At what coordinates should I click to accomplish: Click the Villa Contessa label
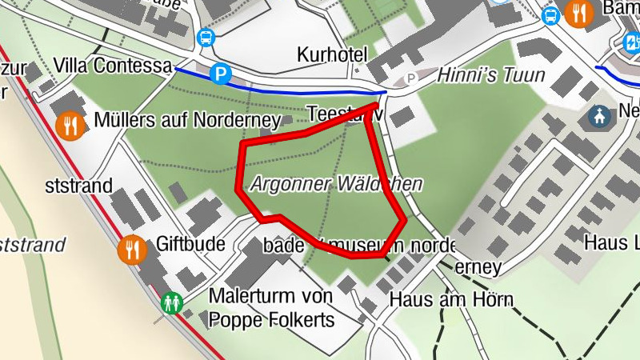pyautogui.click(x=113, y=66)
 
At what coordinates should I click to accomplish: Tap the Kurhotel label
pyautogui.click(x=331, y=55)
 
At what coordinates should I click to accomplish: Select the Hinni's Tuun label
pyautogui.click(x=490, y=76)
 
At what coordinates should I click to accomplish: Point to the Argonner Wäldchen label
pyautogui.click(x=336, y=184)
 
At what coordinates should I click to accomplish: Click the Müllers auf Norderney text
pyautogui.click(x=186, y=121)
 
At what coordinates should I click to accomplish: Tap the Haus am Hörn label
pyautogui.click(x=450, y=301)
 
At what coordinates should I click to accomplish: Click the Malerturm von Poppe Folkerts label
pyautogui.click(x=270, y=308)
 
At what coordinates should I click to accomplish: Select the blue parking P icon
pyautogui.click(x=220, y=75)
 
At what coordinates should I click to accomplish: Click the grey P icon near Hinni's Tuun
pyautogui.click(x=412, y=78)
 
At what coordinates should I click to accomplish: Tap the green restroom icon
pyautogui.click(x=171, y=302)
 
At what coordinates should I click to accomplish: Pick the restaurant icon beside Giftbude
pyautogui.click(x=132, y=250)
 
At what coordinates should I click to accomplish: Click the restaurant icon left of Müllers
pyautogui.click(x=72, y=125)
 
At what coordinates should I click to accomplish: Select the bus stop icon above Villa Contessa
pyautogui.click(x=206, y=37)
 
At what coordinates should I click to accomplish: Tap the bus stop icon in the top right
pyautogui.click(x=550, y=14)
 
